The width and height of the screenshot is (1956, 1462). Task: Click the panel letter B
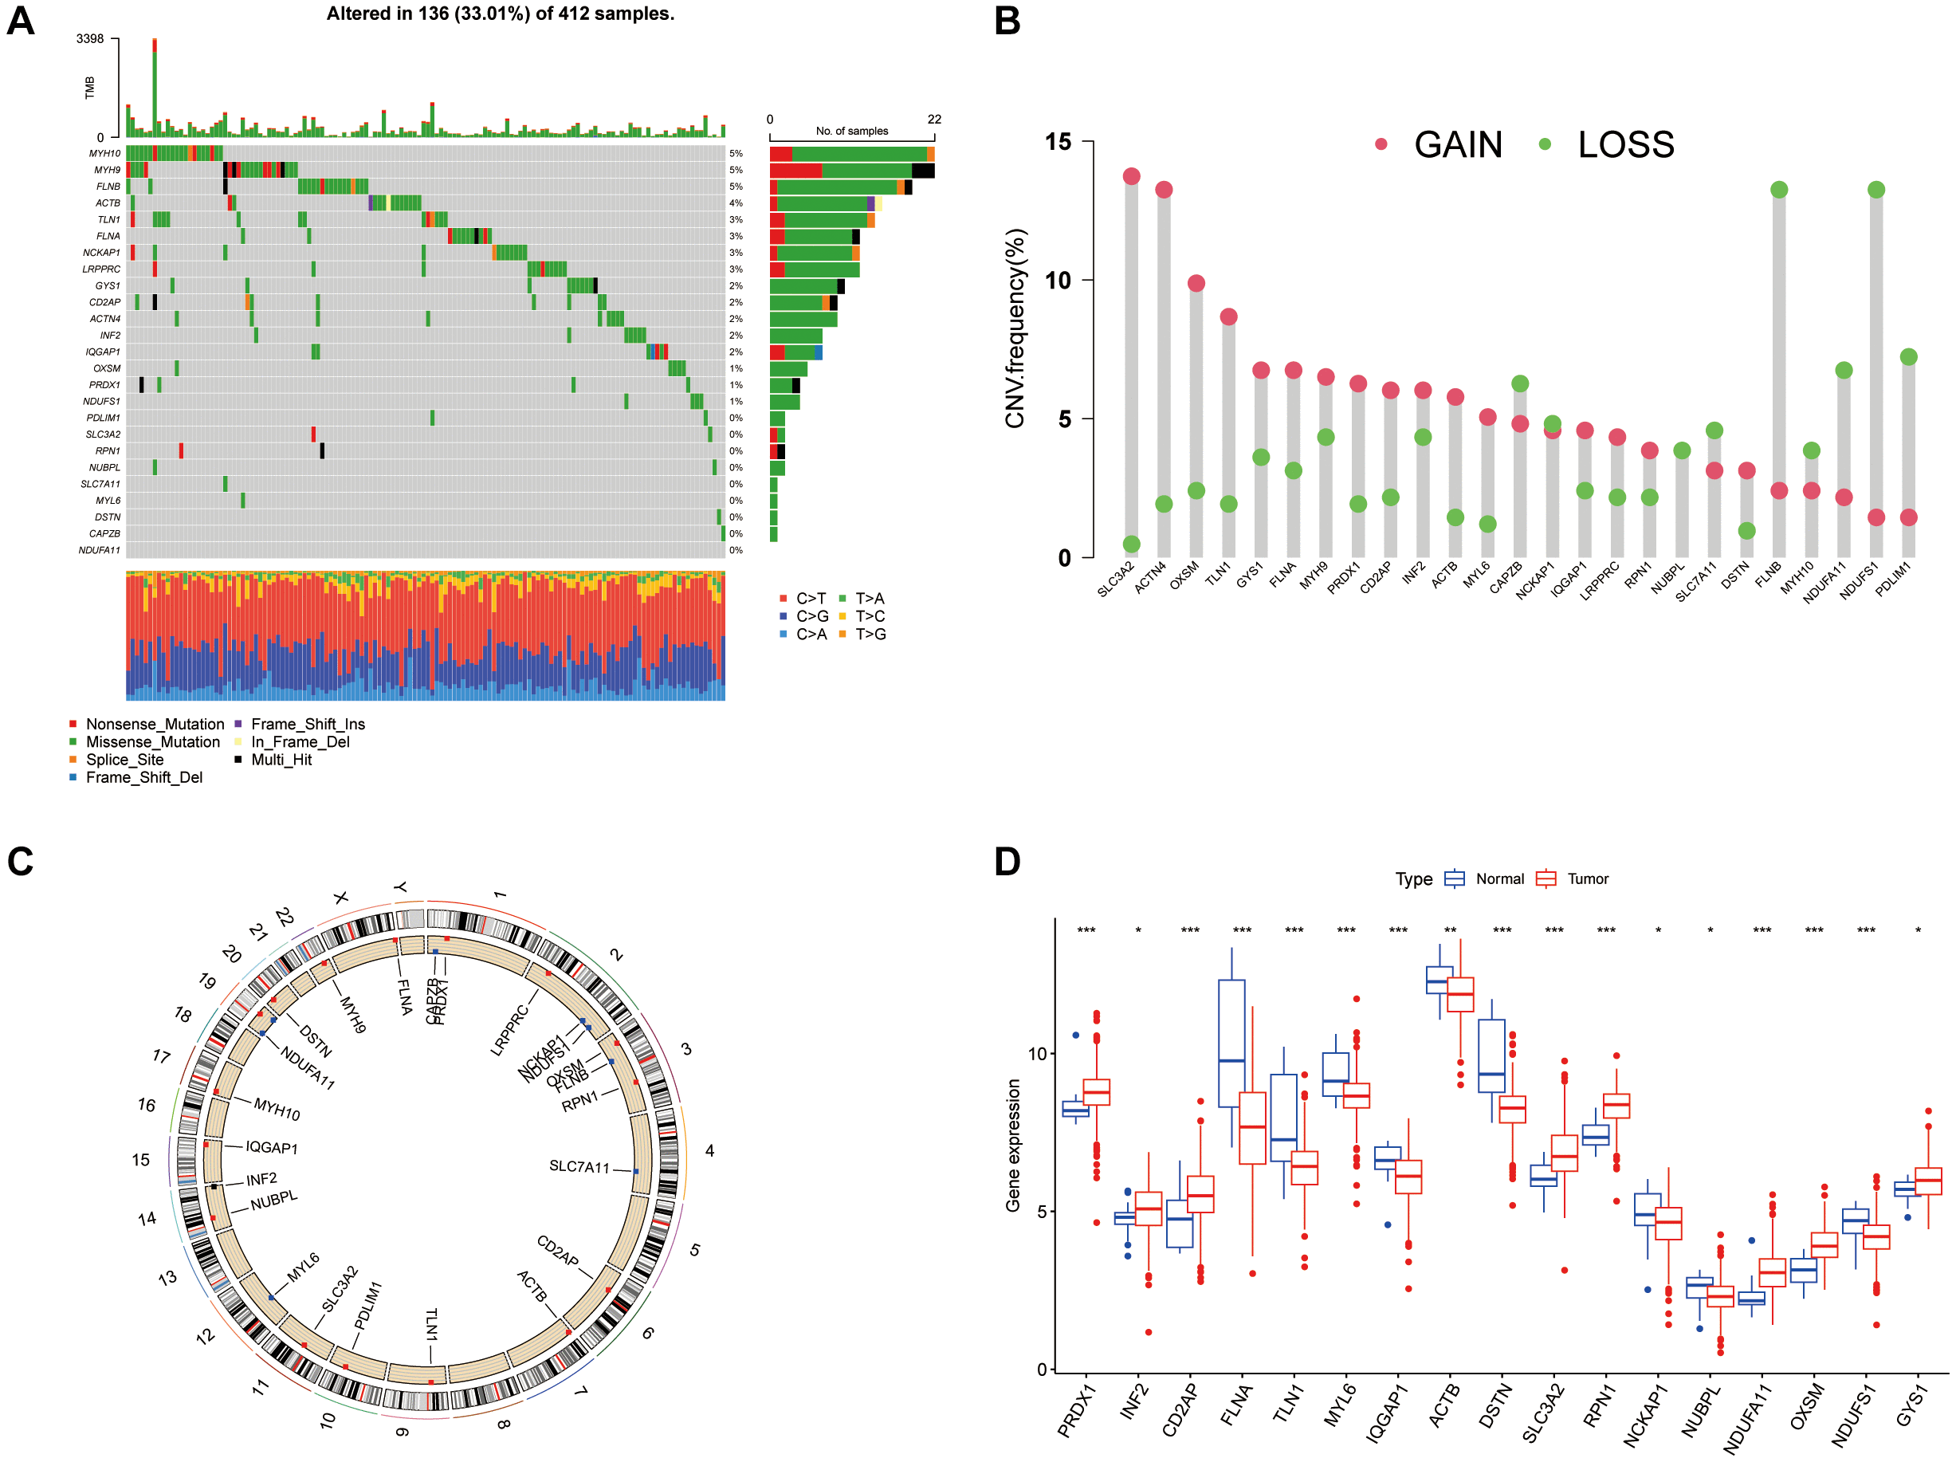pos(1007,21)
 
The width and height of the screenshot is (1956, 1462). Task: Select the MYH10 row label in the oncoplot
pos(104,153)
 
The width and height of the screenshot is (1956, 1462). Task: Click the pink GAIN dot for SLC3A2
pos(1131,176)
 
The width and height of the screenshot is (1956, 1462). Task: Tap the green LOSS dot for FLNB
pos(1778,189)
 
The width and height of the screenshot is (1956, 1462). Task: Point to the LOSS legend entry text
pos(1625,144)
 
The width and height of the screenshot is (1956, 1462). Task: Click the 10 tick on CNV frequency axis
pos(1058,281)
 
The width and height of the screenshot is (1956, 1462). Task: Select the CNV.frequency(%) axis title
pos(1015,328)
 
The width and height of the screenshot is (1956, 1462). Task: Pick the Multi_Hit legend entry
pos(281,759)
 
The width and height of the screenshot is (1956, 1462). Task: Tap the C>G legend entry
pos(811,615)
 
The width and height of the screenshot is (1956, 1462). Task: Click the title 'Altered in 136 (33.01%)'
pos(500,14)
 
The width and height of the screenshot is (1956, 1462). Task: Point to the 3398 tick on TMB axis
pos(89,39)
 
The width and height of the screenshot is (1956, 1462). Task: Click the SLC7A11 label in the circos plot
pos(579,1166)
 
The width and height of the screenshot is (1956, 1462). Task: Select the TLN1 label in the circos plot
pos(431,1323)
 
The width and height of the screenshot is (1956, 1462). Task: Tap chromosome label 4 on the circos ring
pos(709,1150)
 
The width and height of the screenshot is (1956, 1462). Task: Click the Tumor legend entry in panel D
pos(1587,878)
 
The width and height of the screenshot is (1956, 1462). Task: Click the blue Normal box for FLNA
pos(1231,1043)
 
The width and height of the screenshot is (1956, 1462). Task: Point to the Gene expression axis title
pos(1013,1146)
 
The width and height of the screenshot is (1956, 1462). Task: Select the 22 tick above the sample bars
pos(934,120)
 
